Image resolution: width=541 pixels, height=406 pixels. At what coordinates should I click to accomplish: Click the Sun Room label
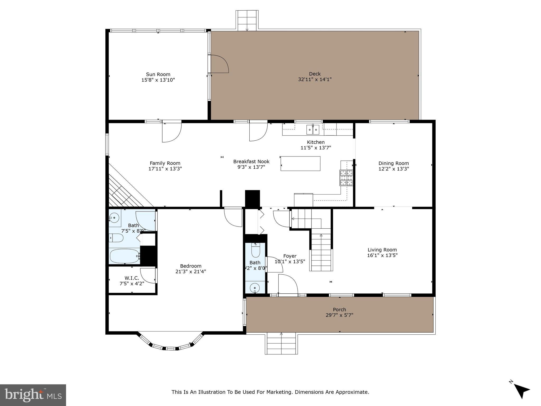pyautogui.click(x=158, y=75)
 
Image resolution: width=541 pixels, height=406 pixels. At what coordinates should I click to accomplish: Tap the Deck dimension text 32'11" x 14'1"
pyautogui.click(x=315, y=79)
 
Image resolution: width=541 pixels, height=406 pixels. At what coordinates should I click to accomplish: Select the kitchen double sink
pyautogui.click(x=313, y=130)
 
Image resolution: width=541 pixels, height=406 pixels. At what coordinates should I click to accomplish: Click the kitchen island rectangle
pyautogui.click(x=300, y=164)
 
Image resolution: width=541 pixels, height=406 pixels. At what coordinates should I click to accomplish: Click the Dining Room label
pyautogui.click(x=393, y=163)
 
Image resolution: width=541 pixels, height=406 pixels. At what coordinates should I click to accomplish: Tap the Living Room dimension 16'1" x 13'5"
pyautogui.click(x=382, y=255)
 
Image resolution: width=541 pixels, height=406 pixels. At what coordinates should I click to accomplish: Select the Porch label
pyautogui.click(x=339, y=310)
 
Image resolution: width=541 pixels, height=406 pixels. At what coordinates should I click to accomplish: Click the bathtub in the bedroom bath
pyautogui.click(x=124, y=256)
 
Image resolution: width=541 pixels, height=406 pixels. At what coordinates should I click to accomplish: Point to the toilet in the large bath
pyautogui.click(x=116, y=238)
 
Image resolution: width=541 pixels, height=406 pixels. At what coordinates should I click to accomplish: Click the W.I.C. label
pyautogui.click(x=132, y=278)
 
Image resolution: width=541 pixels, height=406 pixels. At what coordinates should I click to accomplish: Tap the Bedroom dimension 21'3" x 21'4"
pyautogui.click(x=190, y=271)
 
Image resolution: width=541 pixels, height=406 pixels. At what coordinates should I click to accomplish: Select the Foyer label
pyautogui.click(x=290, y=256)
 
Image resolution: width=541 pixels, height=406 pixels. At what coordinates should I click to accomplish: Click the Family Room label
pyautogui.click(x=165, y=163)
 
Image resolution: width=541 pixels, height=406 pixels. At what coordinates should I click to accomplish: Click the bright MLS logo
pyautogui.click(x=33, y=395)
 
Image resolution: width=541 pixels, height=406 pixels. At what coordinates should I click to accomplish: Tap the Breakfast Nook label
pyautogui.click(x=251, y=162)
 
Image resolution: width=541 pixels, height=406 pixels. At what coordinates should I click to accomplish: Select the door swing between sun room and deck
pyautogui.click(x=219, y=64)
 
